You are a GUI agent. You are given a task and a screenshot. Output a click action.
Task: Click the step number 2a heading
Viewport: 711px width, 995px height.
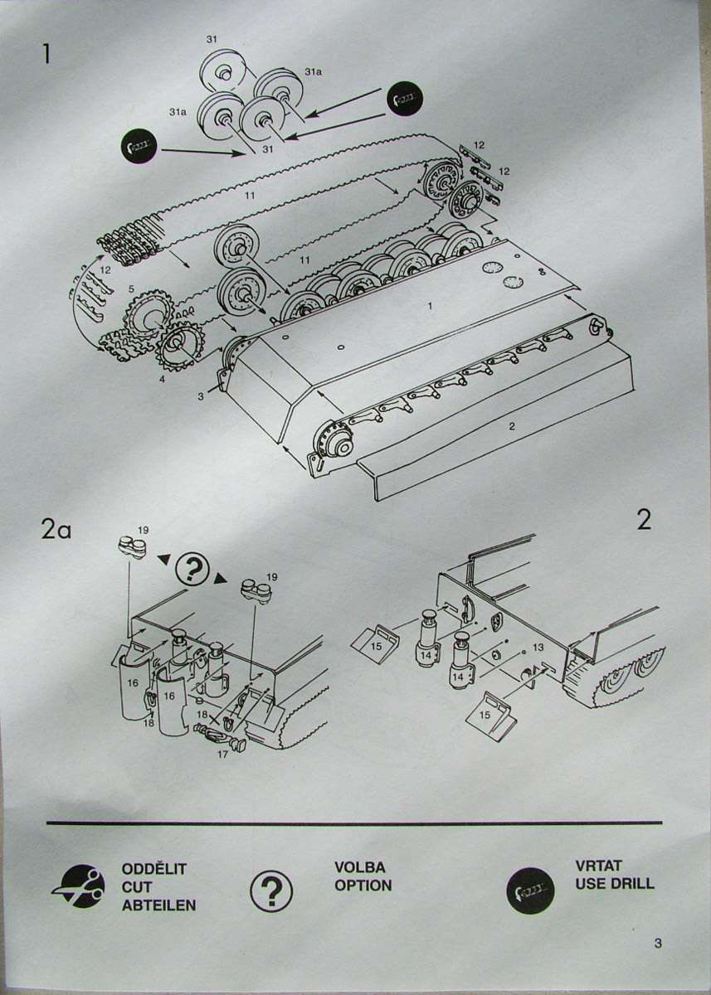pyautogui.click(x=56, y=530)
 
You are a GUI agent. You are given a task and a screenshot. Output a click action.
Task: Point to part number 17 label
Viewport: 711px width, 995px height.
pyautogui.click(x=222, y=754)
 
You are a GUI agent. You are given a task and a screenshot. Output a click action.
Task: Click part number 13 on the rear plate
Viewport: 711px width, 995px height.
pyautogui.click(x=538, y=648)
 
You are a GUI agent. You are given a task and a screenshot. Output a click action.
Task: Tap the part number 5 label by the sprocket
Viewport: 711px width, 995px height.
pyautogui.click(x=131, y=289)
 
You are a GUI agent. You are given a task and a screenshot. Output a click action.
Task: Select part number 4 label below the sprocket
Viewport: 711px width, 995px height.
pyautogui.click(x=163, y=379)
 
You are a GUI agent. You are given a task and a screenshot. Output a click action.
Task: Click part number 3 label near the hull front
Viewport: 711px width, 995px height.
pyautogui.click(x=201, y=396)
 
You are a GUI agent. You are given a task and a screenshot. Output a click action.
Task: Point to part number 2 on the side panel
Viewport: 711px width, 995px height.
pyautogui.click(x=512, y=426)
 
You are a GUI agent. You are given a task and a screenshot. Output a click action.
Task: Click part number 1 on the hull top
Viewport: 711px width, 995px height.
pyautogui.click(x=429, y=306)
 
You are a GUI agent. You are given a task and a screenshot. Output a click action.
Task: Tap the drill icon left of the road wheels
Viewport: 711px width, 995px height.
pyautogui.click(x=139, y=147)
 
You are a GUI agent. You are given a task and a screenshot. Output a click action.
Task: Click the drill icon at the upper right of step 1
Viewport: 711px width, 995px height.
pyautogui.click(x=404, y=99)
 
